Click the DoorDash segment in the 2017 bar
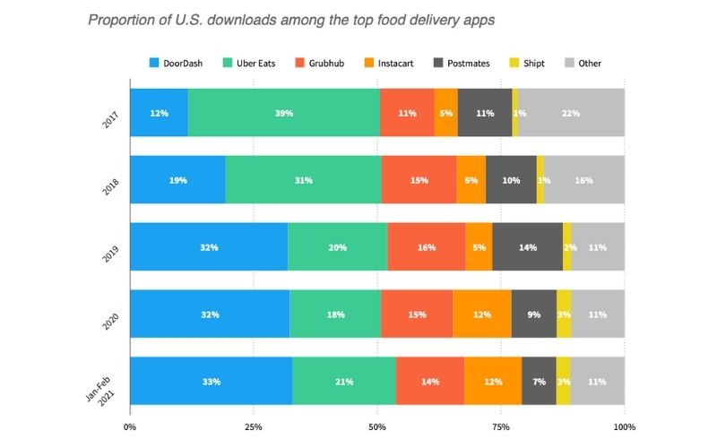pos(159,113)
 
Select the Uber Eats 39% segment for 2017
pos(283,113)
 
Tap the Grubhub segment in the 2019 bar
pos(427,246)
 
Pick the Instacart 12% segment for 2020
pos(482,314)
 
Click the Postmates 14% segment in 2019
pos(527,246)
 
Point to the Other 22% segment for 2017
pos(571,113)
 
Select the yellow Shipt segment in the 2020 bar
pos(564,314)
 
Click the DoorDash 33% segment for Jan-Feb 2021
pos(211,381)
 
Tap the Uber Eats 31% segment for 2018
pos(303,180)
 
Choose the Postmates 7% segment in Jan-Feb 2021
pos(539,381)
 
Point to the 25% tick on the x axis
pos(254,426)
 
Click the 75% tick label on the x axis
pos(501,426)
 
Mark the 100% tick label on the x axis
pos(624,426)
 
